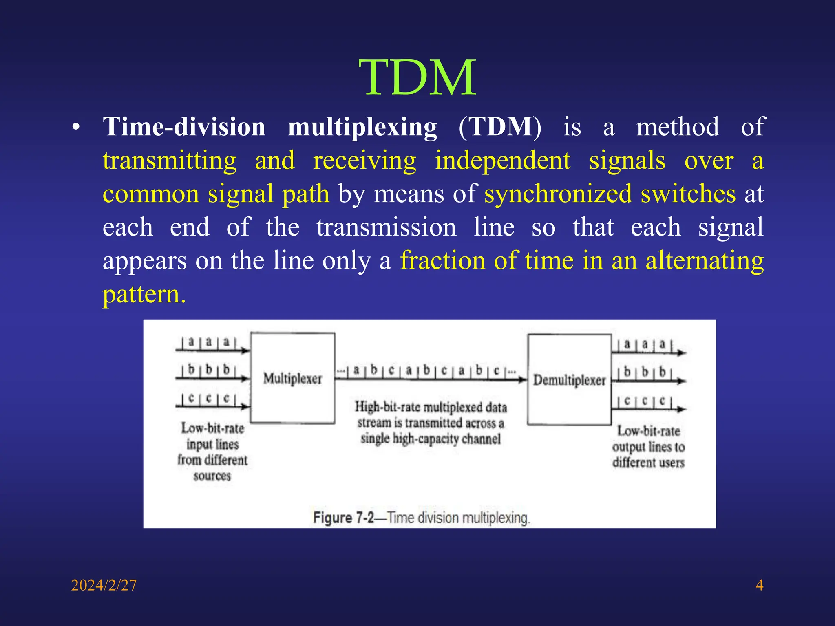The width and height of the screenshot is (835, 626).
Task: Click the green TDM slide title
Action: pos(417,77)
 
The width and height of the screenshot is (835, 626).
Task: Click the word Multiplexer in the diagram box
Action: pos(292,379)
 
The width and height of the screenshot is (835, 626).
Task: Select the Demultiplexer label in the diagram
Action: pos(569,380)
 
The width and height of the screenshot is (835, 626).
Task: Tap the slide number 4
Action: pos(759,585)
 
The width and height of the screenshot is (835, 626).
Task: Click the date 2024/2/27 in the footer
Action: pos(104,585)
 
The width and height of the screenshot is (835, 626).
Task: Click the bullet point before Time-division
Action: pos(75,127)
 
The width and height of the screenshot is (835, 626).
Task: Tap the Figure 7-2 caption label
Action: pos(343,518)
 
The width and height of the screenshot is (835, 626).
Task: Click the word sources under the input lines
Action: pos(212,476)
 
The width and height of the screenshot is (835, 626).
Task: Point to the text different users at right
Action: pos(648,463)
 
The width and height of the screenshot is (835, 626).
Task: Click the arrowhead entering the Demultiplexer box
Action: pos(523,380)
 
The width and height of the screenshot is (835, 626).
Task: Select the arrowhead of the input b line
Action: pos(245,379)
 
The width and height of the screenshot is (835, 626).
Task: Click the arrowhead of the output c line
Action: pos(683,409)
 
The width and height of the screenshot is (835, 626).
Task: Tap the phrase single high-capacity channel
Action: pos(431,439)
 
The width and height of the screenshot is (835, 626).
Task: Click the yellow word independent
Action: pos(502,160)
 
